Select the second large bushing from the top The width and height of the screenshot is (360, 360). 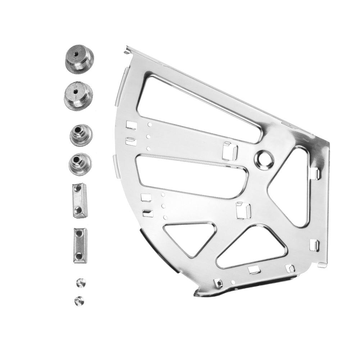coord(78,95)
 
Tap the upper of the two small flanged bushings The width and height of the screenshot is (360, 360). coord(81,135)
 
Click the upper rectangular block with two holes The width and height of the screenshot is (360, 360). coord(79,200)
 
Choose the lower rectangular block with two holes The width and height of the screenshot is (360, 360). coord(80,245)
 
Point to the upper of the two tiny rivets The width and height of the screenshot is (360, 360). coord(81,282)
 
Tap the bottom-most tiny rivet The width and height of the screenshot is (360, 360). coord(78,300)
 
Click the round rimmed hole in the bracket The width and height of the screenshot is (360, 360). coord(264,159)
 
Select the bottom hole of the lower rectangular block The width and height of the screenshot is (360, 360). coord(79,256)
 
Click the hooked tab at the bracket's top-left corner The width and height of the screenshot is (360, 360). coord(127,50)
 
